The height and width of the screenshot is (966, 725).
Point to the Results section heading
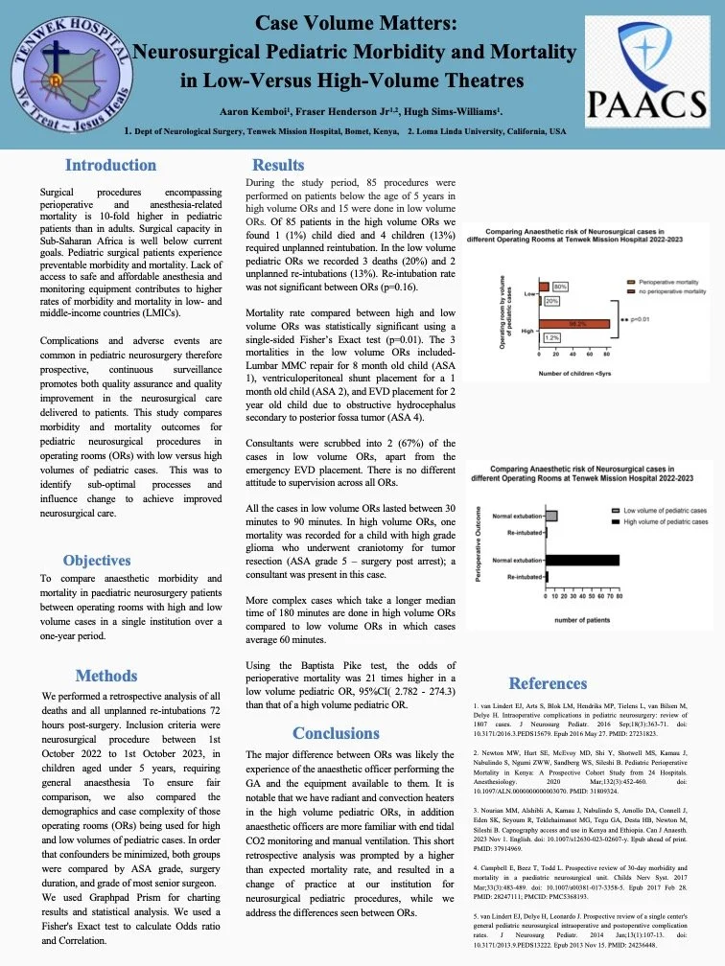tap(277, 166)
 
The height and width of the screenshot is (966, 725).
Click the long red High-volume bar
tap(573, 325)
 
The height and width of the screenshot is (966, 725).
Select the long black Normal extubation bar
tap(582, 559)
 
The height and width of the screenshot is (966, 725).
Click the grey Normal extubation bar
tap(551, 515)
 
